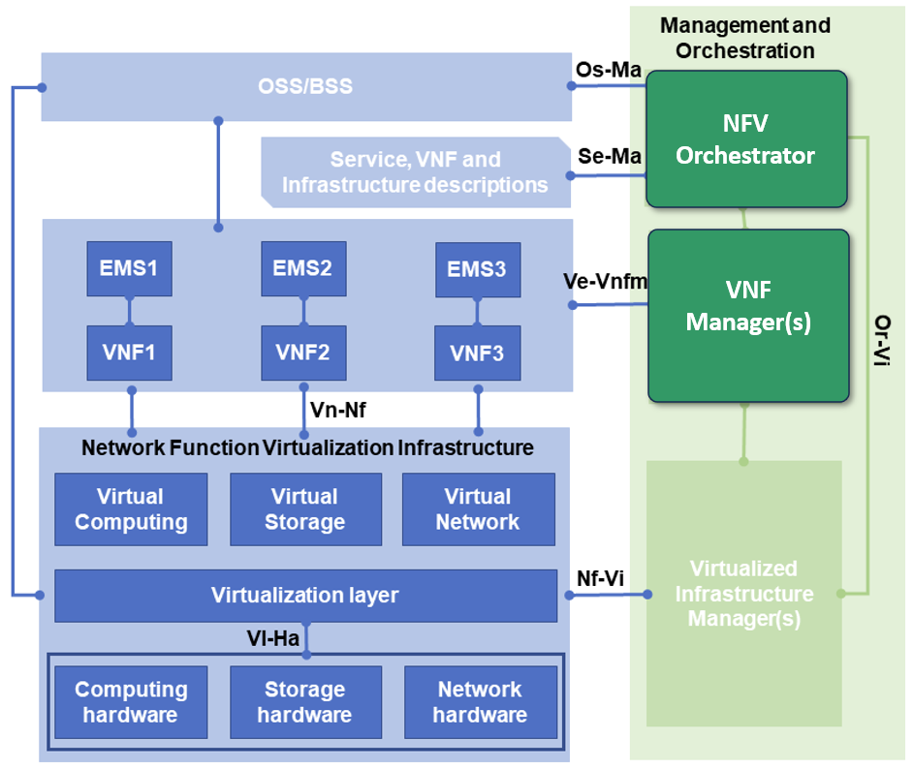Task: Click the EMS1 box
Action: [129, 268]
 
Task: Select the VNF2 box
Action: [303, 352]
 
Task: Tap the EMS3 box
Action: [477, 269]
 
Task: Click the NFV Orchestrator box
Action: [746, 138]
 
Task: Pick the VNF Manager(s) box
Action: [747, 315]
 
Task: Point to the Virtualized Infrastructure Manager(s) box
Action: [743, 593]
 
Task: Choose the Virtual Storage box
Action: [305, 509]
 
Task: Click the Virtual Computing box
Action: [131, 509]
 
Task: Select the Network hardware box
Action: [480, 702]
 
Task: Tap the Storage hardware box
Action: [305, 702]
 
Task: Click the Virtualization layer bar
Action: [305, 595]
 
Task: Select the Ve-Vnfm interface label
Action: [605, 282]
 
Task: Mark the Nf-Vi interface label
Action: [600, 578]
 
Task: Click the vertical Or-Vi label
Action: [882, 340]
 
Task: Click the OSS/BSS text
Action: [305, 87]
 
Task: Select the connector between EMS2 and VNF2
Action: [303, 311]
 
